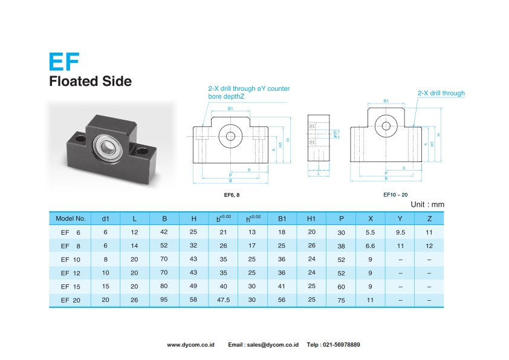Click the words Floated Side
(90, 81)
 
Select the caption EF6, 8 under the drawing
(232, 195)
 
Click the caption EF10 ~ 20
(395, 195)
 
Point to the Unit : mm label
(427, 205)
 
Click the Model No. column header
(71, 218)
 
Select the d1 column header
(106, 219)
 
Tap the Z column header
(429, 218)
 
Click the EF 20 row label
(71, 300)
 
